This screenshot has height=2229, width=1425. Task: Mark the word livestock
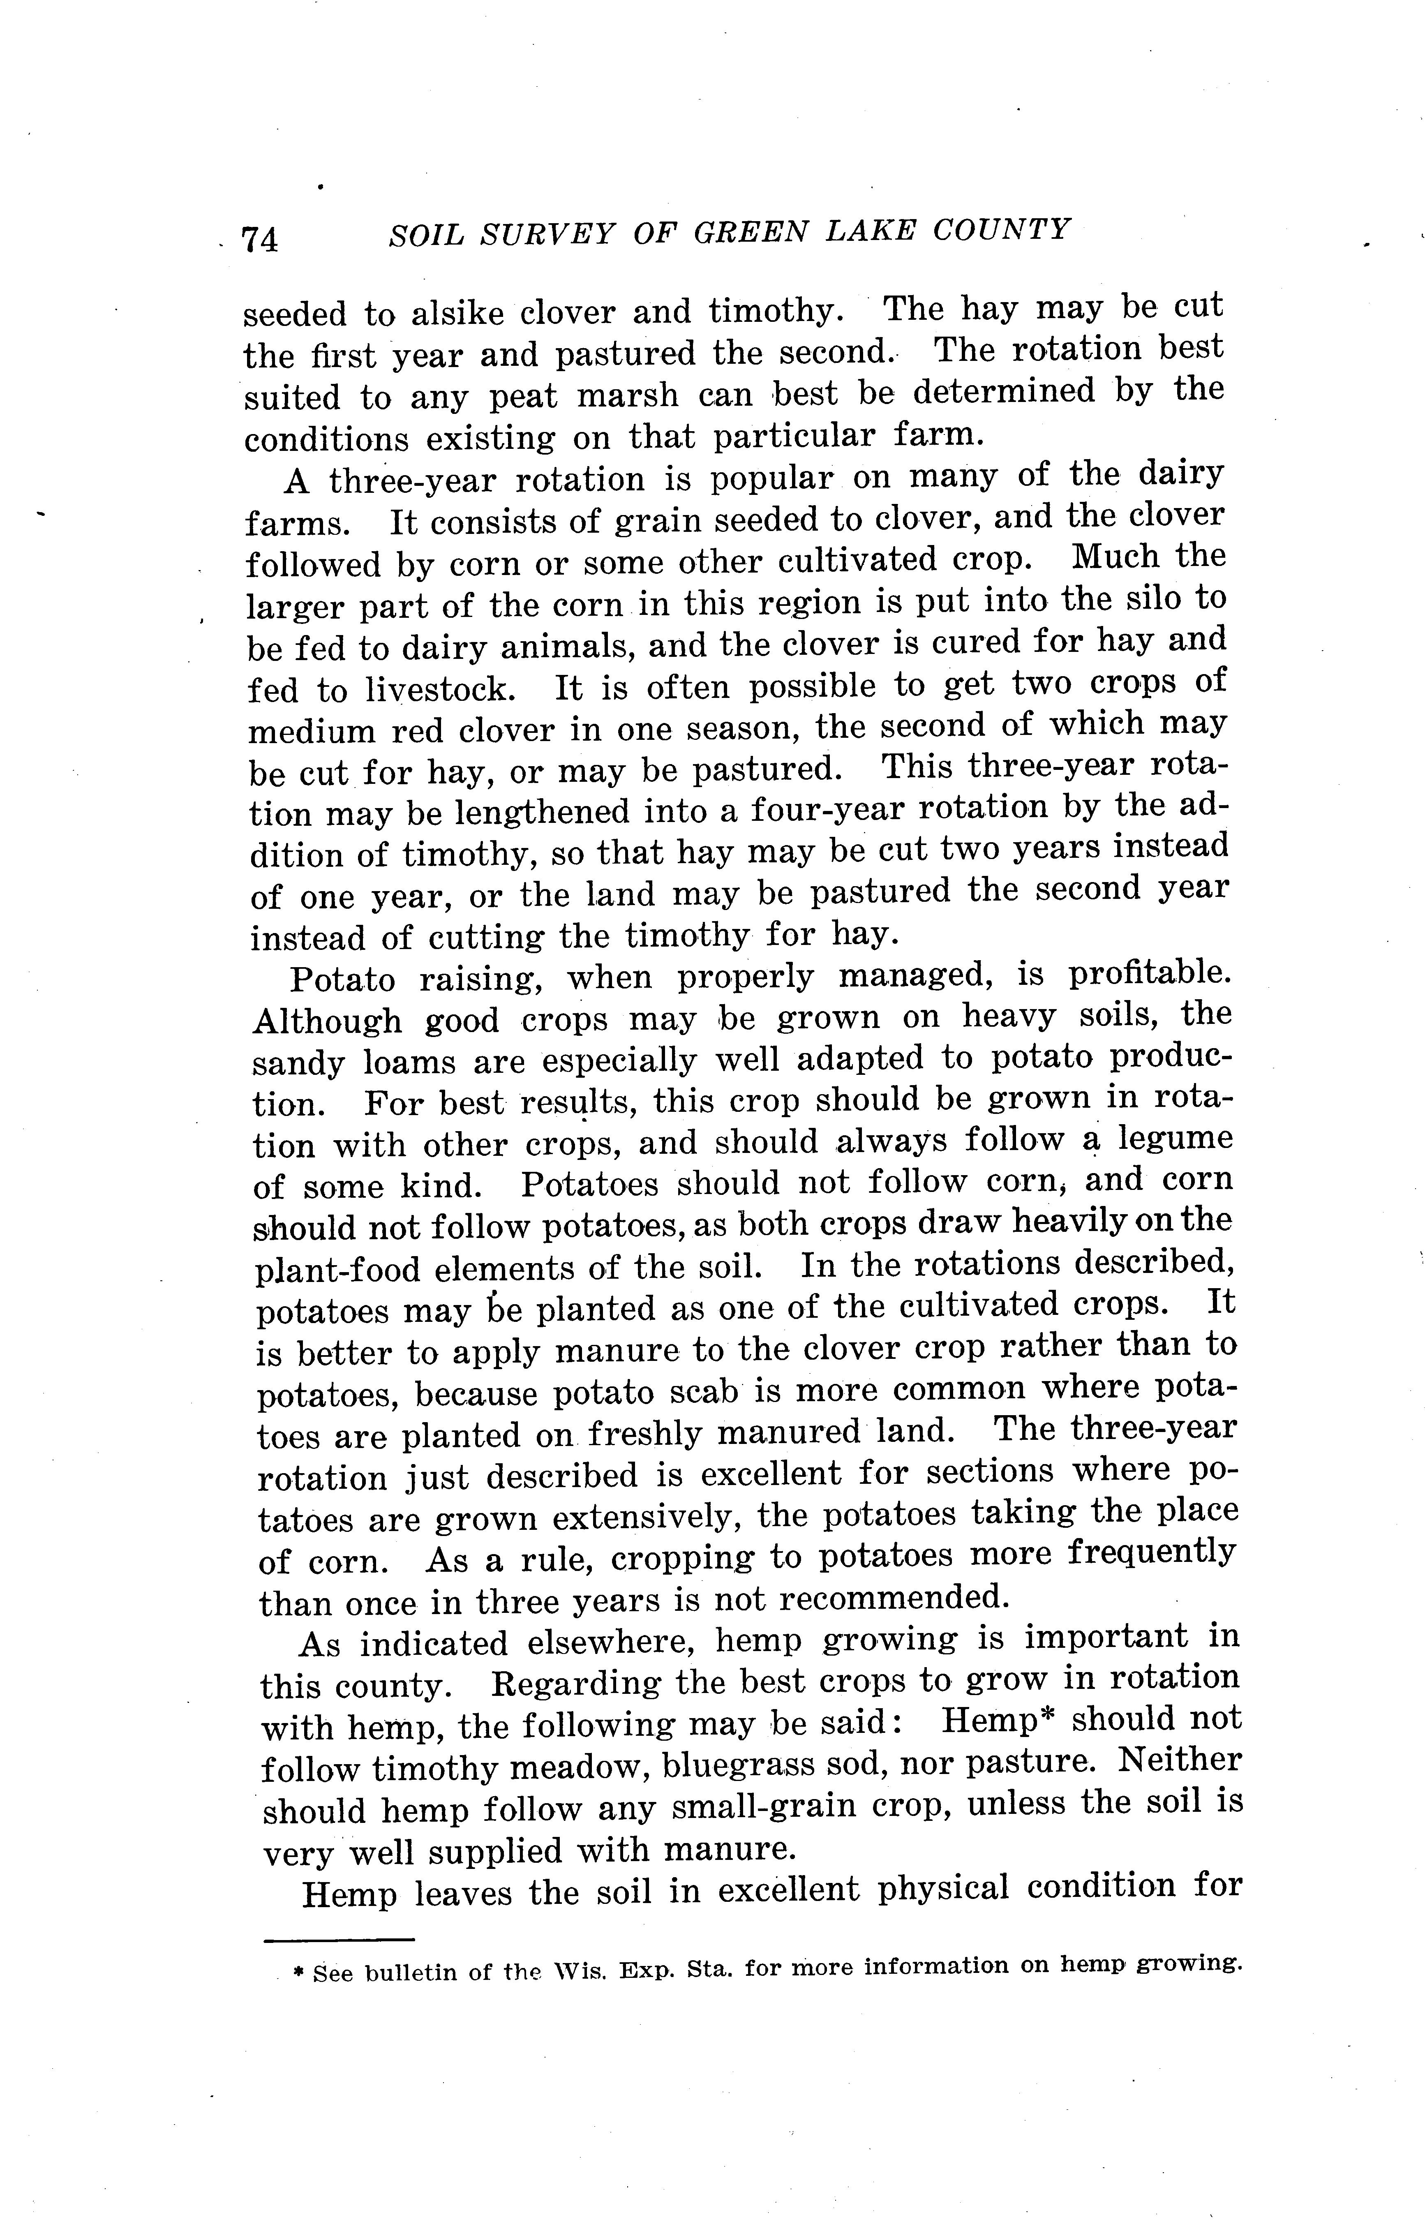(x=436, y=690)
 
